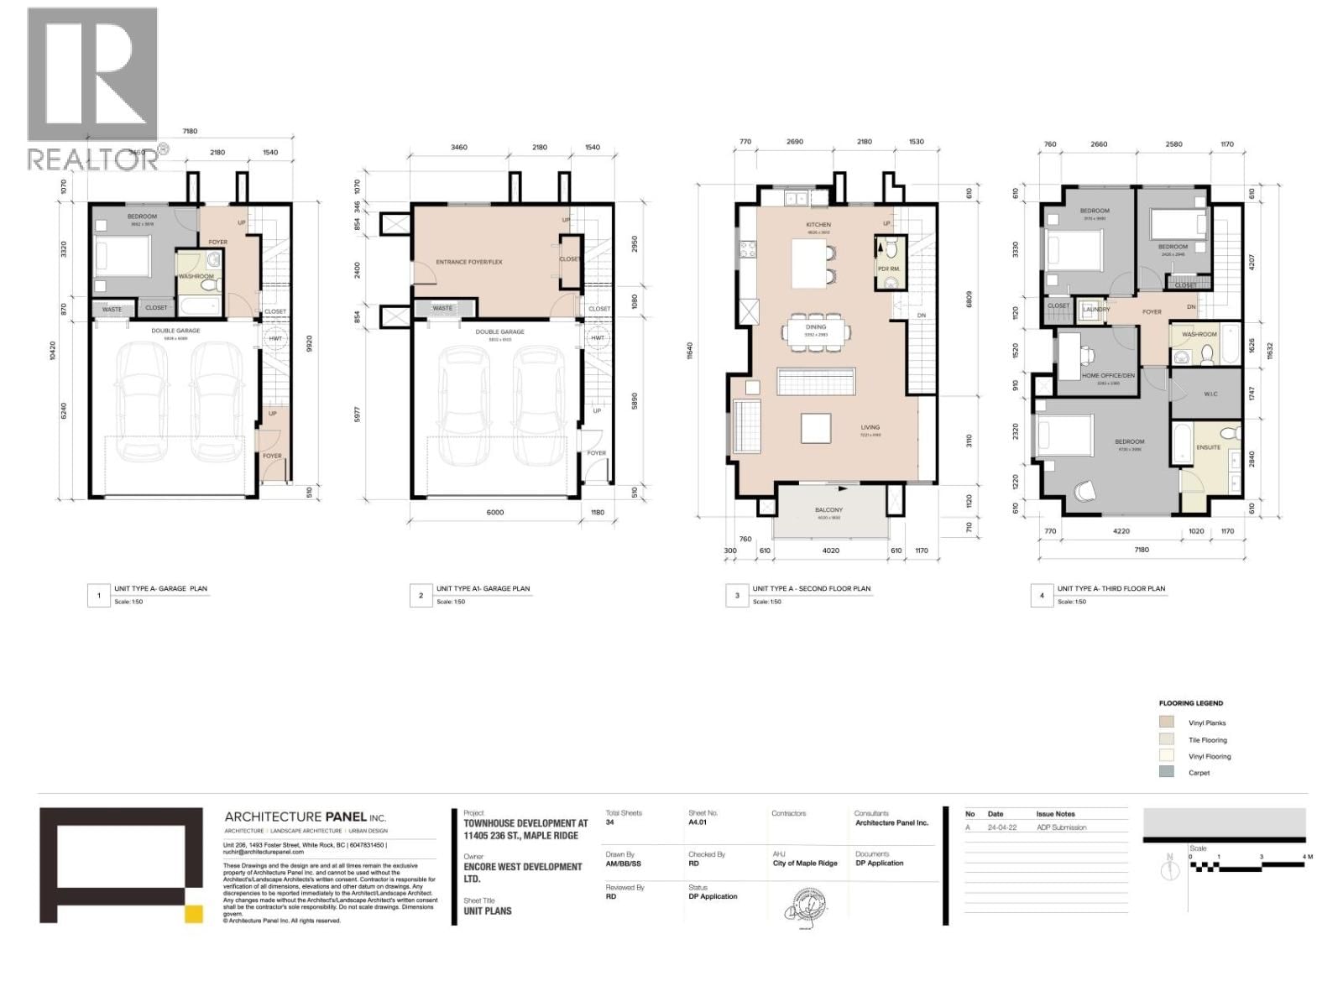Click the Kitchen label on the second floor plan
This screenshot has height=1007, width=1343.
click(818, 224)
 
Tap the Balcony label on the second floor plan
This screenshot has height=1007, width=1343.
click(828, 509)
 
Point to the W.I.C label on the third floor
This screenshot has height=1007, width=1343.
click(1210, 394)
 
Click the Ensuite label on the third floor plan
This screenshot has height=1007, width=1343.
click(1208, 447)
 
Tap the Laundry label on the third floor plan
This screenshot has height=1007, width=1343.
click(1096, 309)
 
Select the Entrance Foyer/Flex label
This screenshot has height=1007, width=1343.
click(468, 262)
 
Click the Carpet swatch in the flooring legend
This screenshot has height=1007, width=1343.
click(1166, 772)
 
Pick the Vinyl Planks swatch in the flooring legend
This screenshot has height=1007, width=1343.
click(1166, 723)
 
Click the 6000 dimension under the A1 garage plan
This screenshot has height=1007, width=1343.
click(495, 512)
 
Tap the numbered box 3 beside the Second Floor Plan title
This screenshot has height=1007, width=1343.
click(736, 596)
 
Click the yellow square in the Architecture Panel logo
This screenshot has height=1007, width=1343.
click(194, 915)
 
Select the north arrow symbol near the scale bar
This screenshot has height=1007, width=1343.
click(1169, 869)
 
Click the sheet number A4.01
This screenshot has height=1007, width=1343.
click(698, 823)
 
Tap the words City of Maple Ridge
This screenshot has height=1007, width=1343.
click(804, 864)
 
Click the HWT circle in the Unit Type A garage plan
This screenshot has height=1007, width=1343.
click(274, 339)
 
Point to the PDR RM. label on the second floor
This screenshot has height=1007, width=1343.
click(888, 269)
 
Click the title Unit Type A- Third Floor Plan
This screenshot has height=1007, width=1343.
click(1110, 588)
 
